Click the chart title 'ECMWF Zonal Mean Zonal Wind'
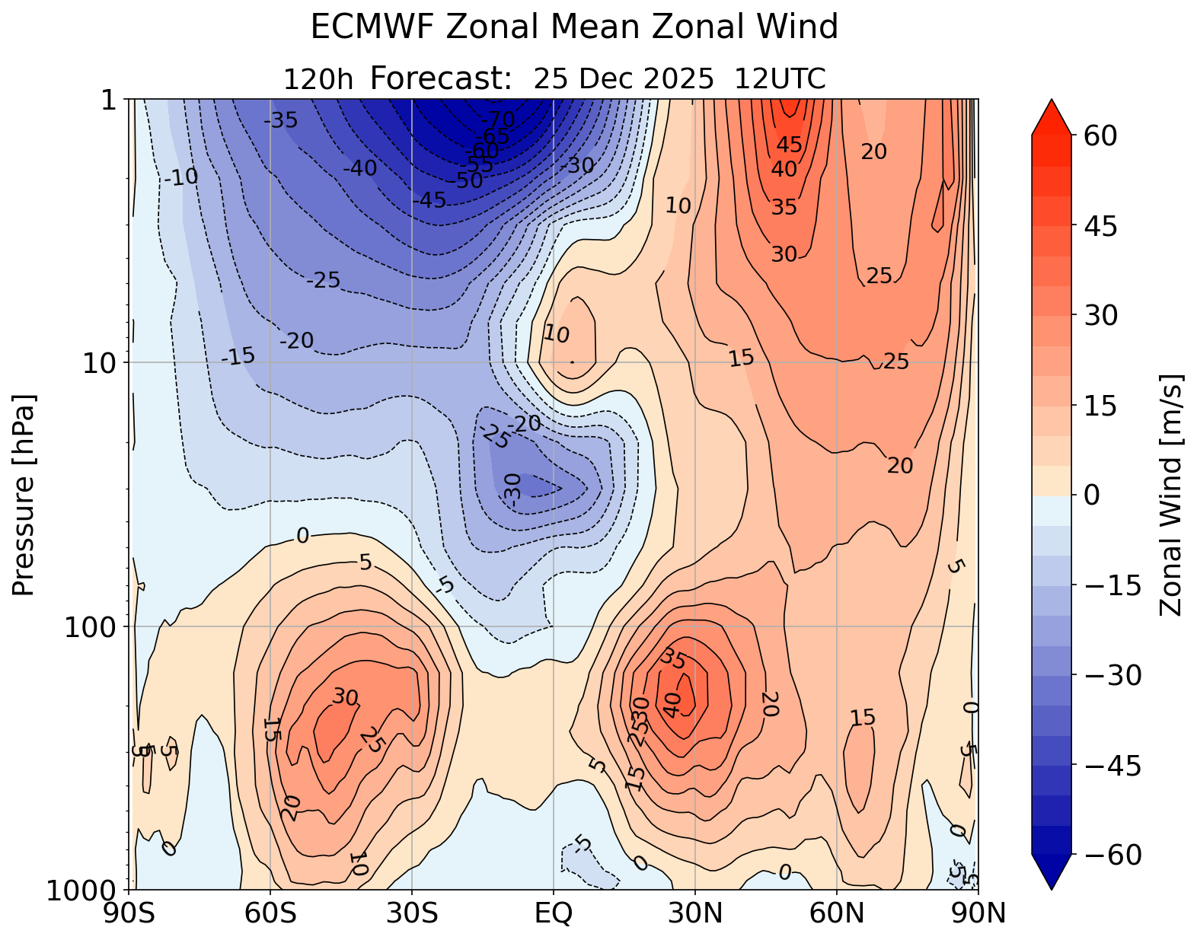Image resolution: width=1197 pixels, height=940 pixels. [x=574, y=28]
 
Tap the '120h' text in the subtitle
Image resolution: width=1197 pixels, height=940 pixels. [x=318, y=79]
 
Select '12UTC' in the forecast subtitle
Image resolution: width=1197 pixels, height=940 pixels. [x=780, y=79]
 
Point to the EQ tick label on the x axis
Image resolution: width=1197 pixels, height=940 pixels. [x=554, y=913]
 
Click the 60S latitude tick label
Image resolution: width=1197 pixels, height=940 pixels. [x=270, y=913]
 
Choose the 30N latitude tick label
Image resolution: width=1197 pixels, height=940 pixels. [x=695, y=913]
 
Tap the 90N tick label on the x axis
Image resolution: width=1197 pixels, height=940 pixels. [x=978, y=913]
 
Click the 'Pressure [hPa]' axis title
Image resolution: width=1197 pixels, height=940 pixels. [x=24, y=495]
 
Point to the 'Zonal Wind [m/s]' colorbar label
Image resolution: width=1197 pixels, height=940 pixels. [x=1171, y=495]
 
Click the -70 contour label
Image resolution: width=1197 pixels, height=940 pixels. [x=499, y=119]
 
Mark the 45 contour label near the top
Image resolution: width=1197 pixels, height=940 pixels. [x=789, y=145]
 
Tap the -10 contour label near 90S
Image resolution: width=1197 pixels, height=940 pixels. [x=181, y=177]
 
